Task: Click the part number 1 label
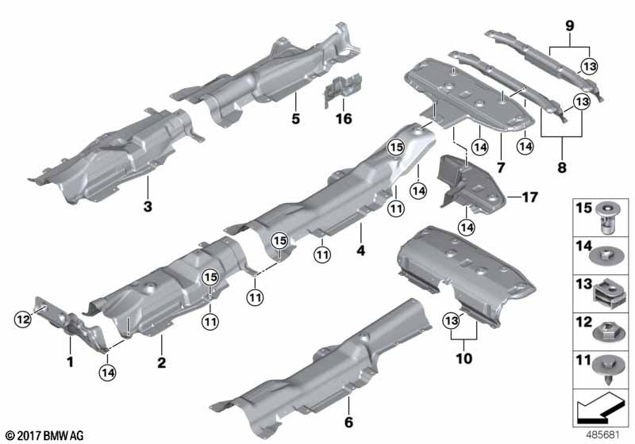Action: [x=70, y=364]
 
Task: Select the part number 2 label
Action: [x=161, y=364]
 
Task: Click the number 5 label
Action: [x=294, y=121]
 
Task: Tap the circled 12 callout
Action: [x=22, y=318]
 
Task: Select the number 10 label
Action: [x=464, y=358]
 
